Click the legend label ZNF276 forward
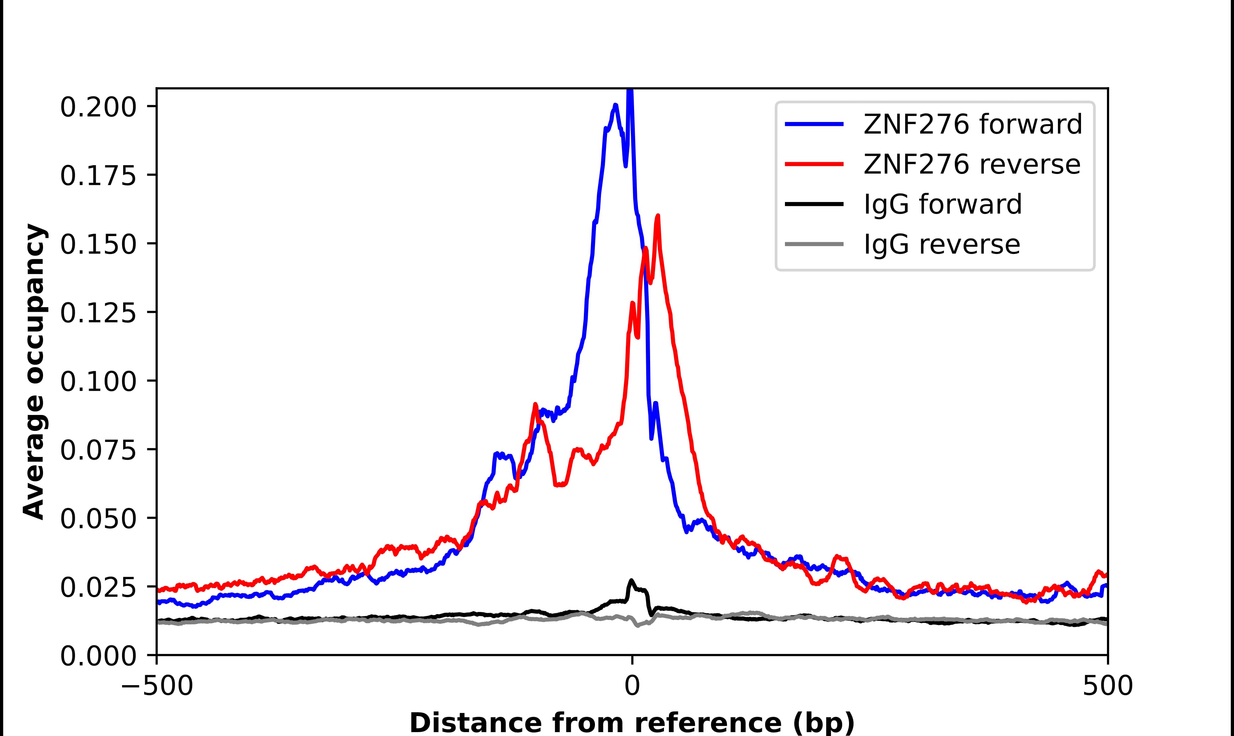click(x=972, y=124)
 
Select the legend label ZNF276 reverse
click(x=971, y=164)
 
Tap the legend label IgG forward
click(x=942, y=204)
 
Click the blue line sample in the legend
click(x=814, y=124)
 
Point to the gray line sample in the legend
click(x=814, y=244)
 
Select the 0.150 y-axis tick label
click(x=98, y=245)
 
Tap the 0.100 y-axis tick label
click(x=98, y=382)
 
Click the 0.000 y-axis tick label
click(x=98, y=657)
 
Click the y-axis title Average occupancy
click(x=35, y=372)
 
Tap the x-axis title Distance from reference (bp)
click(x=632, y=722)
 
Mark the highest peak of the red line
click(x=658, y=216)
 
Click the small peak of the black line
click(x=631, y=580)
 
